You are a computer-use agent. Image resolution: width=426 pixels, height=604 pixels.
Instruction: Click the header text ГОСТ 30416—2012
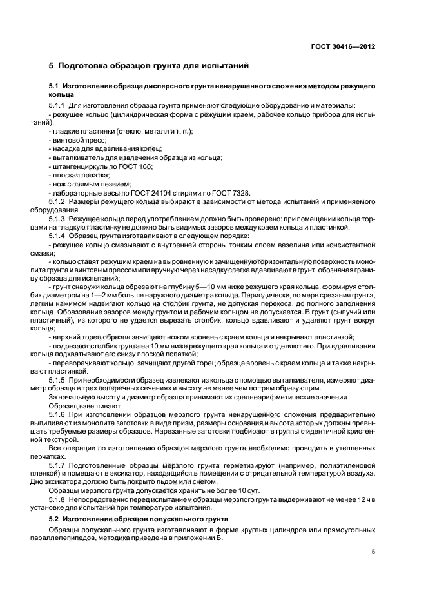[x=344, y=46]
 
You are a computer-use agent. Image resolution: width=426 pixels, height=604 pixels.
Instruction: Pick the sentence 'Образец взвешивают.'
[x=79, y=407]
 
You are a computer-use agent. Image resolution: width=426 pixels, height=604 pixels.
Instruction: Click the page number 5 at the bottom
[x=374, y=552]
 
